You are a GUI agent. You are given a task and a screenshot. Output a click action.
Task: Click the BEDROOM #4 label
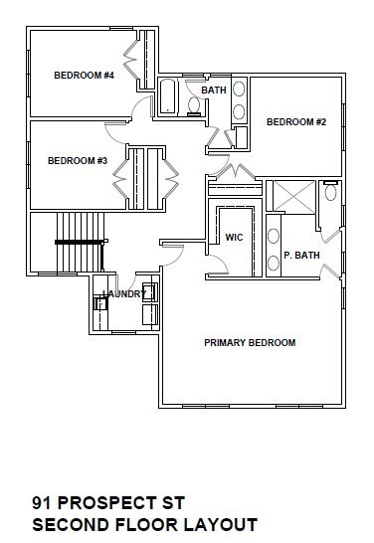pyautogui.click(x=83, y=75)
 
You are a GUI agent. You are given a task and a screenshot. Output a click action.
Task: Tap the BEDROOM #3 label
pyautogui.click(x=78, y=160)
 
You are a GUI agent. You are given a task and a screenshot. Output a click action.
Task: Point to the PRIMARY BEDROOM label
pyautogui.click(x=250, y=343)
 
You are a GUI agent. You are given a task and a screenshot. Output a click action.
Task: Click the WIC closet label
pyautogui.click(x=235, y=238)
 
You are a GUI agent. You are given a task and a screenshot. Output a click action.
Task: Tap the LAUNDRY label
pyautogui.click(x=124, y=293)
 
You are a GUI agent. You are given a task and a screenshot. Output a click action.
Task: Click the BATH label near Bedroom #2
pyautogui.click(x=214, y=90)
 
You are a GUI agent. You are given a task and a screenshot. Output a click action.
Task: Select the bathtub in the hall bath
pyautogui.click(x=168, y=98)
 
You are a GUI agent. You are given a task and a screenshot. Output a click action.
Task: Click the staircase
pyautogui.click(x=80, y=242)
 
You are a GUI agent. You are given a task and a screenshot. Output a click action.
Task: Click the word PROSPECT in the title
pyautogui.click(x=101, y=503)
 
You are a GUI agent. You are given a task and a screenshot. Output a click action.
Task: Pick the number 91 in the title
pyautogui.click(x=42, y=503)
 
